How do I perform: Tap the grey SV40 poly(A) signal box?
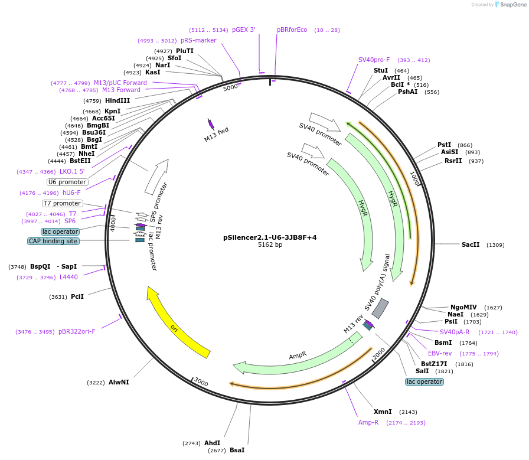[x=380, y=308]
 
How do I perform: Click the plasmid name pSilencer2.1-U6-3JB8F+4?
[x=270, y=237]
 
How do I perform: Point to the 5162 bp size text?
[x=270, y=245]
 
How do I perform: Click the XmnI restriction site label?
[x=383, y=412]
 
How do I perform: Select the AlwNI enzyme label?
[x=119, y=382]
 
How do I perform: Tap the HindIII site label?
[x=117, y=100]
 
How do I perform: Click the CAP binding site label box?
[x=53, y=241]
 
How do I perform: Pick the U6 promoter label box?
[x=67, y=182]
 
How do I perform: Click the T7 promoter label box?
[x=62, y=203]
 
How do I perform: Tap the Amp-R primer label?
[x=368, y=422]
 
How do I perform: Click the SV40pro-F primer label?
[x=374, y=60]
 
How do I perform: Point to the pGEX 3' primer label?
[x=244, y=30]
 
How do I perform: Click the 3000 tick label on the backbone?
[x=201, y=383]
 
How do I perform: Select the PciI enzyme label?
[x=77, y=296]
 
